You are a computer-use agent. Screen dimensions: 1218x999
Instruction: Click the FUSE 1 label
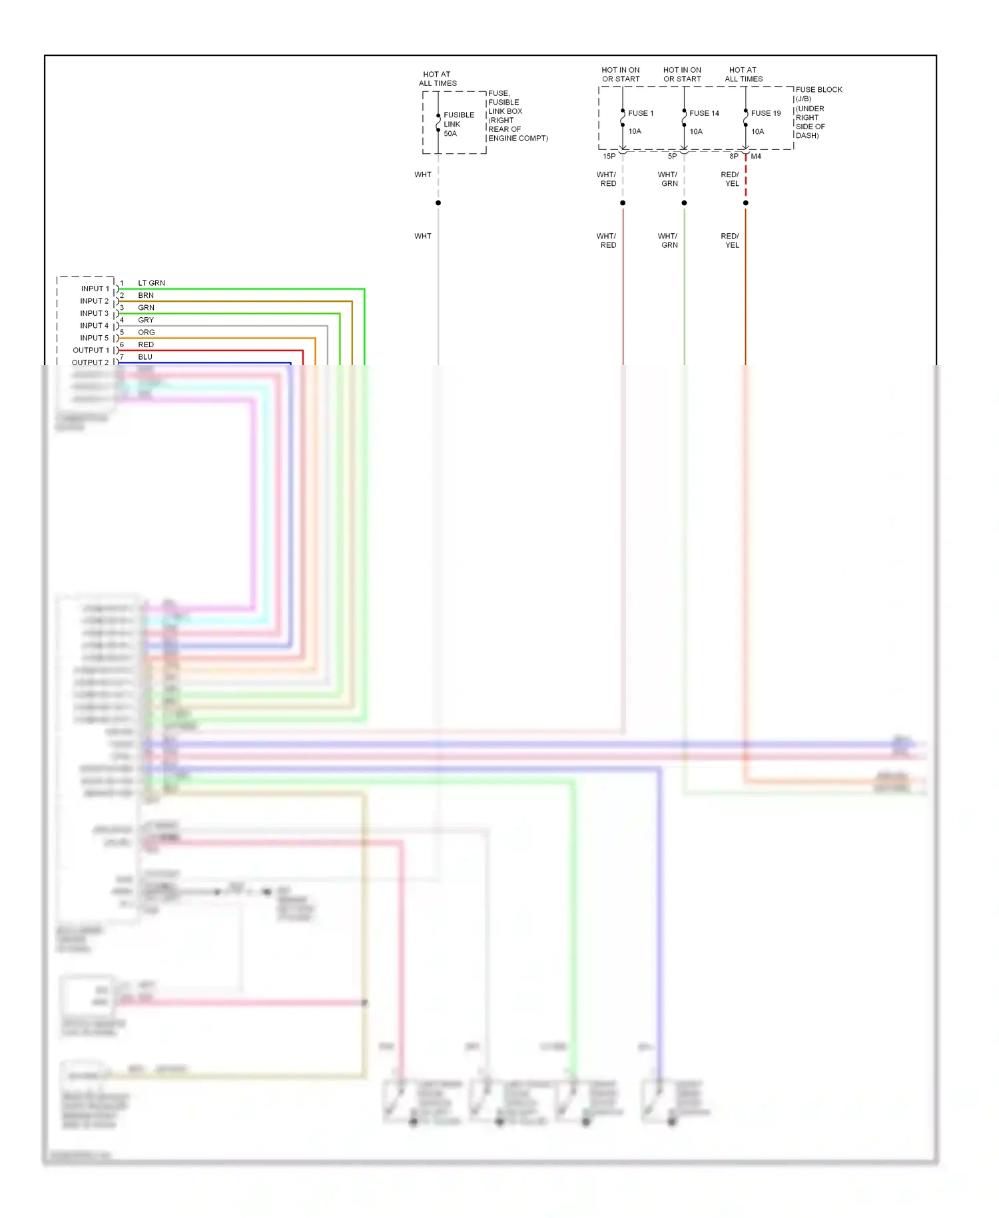coord(641,113)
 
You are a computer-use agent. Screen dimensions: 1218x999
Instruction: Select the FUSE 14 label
coord(704,113)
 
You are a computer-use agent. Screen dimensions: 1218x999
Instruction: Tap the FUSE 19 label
coord(765,113)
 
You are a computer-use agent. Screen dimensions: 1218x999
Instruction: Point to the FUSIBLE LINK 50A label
coord(459,125)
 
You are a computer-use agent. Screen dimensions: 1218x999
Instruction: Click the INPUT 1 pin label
coord(95,289)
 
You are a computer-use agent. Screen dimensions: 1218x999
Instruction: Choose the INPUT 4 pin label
coord(94,326)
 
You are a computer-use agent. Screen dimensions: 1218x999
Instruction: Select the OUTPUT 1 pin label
coord(91,350)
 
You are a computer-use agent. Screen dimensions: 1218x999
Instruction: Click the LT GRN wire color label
coord(151,283)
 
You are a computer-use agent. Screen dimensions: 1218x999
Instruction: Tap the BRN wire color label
coord(146,295)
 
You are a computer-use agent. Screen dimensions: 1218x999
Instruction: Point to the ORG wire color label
coord(147,332)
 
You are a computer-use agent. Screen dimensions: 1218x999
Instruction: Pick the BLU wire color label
coord(145,357)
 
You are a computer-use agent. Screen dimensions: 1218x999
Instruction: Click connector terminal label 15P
coord(609,157)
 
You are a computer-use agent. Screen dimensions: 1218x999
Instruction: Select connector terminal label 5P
coord(672,157)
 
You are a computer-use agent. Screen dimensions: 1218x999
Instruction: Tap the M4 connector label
coord(756,157)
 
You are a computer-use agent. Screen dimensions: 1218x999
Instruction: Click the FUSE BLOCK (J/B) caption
coord(819,94)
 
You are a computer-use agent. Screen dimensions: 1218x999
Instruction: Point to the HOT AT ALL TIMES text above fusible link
coord(438,79)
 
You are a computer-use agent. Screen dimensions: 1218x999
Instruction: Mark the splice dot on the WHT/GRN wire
coord(684,203)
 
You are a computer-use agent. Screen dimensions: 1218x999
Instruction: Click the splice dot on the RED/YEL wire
coord(745,203)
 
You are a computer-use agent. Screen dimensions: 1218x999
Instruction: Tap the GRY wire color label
coord(146,320)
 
